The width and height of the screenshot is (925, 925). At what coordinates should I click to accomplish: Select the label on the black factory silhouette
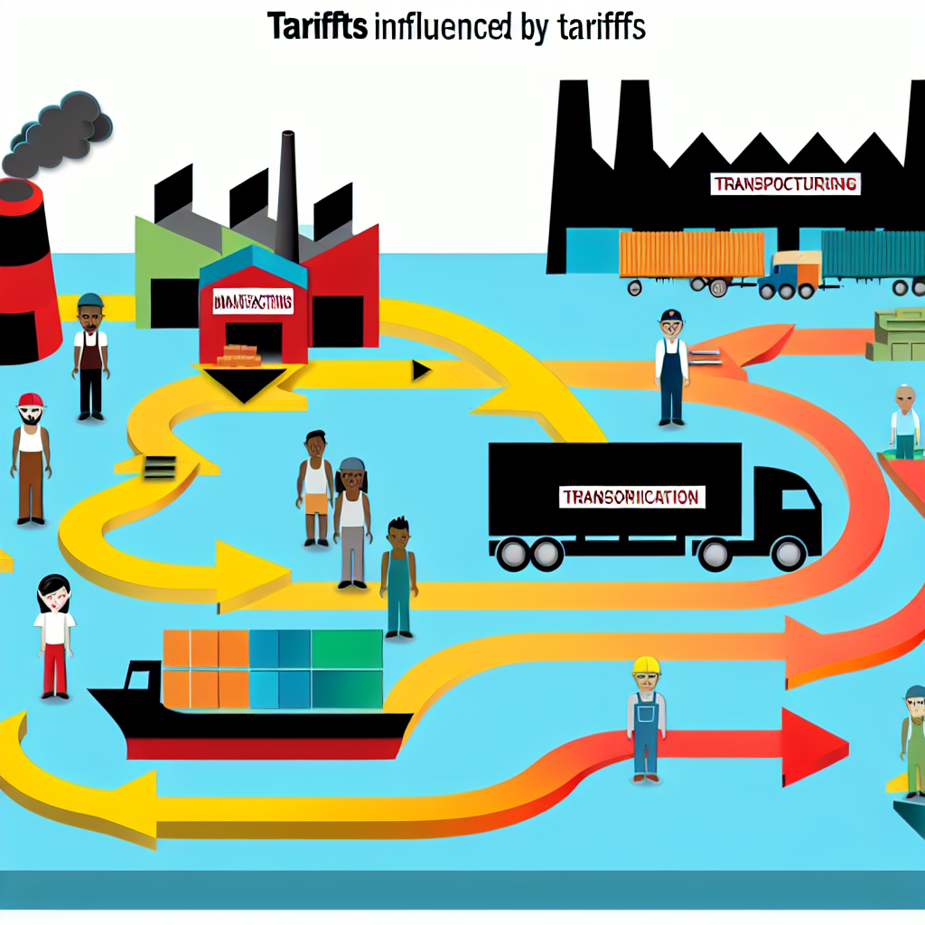784,184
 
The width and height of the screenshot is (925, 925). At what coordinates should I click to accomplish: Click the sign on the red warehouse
253,302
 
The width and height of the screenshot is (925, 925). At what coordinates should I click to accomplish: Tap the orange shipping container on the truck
691,254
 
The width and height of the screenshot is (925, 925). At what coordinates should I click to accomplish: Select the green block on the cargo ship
347,649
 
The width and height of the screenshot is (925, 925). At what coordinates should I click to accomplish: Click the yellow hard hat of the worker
646,666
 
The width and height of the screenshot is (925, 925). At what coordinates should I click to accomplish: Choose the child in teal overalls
398,578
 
